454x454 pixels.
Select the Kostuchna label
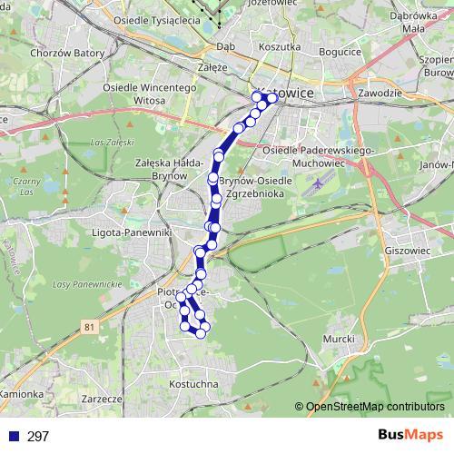click(x=193, y=385)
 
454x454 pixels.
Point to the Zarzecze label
click(x=101, y=399)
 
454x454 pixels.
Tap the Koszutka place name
click(x=279, y=46)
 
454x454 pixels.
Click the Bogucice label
click(x=340, y=54)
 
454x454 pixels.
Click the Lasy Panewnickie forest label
click(x=88, y=285)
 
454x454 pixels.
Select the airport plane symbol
click(x=315, y=184)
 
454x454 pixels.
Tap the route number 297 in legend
click(x=38, y=437)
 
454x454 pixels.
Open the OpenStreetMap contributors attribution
click(x=374, y=407)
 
